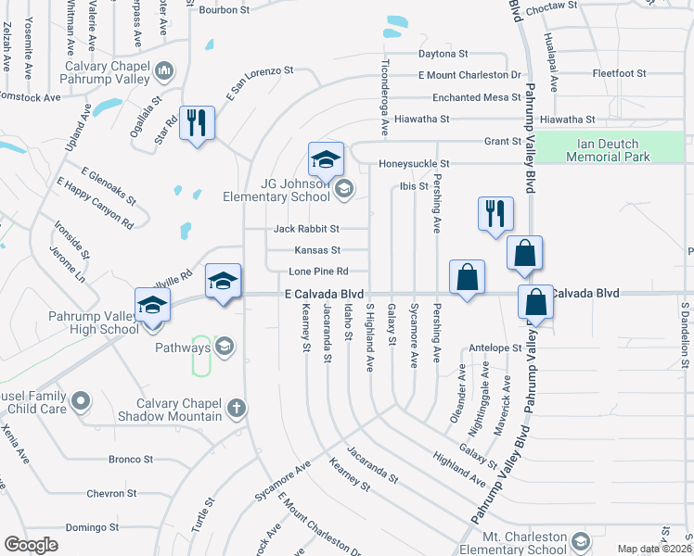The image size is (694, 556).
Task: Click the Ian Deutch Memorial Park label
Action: [613, 150]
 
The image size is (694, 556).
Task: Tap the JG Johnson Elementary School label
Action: [276, 189]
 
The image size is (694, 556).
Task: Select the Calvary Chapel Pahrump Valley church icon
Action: [164, 70]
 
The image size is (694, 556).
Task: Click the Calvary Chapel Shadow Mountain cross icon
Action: [237, 408]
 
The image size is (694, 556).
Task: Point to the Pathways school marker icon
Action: [223, 347]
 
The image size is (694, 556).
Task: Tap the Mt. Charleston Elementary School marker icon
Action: [580, 541]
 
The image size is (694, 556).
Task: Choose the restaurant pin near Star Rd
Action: [197, 123]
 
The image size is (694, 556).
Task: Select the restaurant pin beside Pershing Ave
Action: [495, 212]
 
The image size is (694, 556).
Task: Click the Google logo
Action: [31, 545]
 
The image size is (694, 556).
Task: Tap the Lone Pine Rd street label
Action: [318, 272]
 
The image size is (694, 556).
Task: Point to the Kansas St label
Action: [317, 250]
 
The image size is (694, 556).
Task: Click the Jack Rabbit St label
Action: [307, 229]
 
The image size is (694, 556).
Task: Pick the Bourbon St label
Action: [225, 10]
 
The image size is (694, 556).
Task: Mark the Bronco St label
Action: [130, 460]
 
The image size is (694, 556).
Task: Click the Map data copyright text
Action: [655, 549]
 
